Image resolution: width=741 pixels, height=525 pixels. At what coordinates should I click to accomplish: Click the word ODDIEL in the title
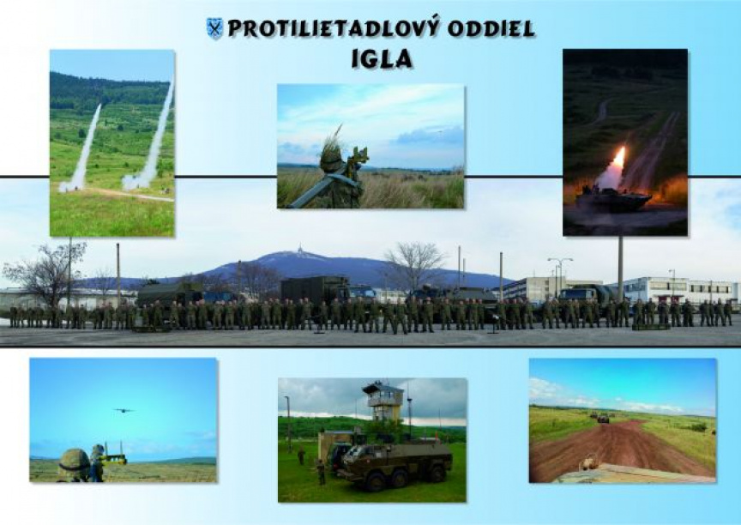coord(491,29)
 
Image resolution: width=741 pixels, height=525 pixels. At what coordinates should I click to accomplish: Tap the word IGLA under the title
coord(383,58)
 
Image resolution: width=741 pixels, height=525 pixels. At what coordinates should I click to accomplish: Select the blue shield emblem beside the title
coord(215,28)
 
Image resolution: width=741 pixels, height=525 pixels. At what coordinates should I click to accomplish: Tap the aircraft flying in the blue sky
coord(123,411)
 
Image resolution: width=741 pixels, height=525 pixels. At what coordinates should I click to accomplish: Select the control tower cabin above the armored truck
coord(383,396)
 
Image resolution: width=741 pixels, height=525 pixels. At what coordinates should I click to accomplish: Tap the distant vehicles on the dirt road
coord(599,416)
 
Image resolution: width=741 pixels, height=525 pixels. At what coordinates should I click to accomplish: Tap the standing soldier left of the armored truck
coord(322,472)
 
